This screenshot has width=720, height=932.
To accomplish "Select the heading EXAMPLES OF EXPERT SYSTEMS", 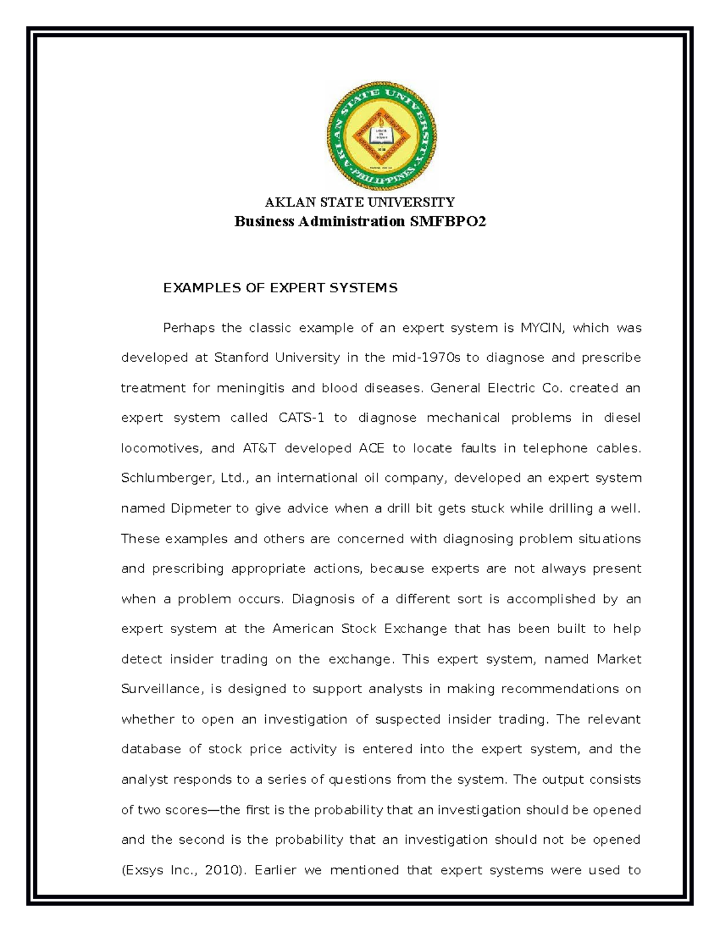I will coord(280,288).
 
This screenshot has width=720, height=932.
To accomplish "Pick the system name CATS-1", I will coord(302,418).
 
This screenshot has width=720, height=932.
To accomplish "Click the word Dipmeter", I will coord(200,508).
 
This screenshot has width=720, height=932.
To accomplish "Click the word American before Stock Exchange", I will coord(303,629).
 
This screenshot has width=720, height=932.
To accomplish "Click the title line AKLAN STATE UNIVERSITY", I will coord(359,202).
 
